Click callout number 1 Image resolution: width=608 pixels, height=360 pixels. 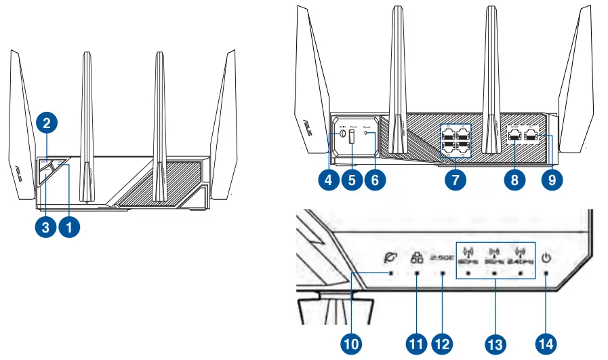(x=68, y=228)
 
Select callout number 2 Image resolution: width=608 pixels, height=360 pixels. (x=46, y=123)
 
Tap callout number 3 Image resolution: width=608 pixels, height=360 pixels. (x=45, y=228)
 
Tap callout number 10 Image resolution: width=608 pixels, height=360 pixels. (x=351, y=344)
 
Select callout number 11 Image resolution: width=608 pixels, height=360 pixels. (x=416, y=344)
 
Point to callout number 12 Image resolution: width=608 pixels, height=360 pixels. (x=442, y=344)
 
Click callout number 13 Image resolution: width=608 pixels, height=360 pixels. (x=495, y=344)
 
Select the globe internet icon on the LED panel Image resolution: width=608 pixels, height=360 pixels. (x=389, y=258)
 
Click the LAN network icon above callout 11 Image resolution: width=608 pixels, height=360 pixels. (x=416, y=258)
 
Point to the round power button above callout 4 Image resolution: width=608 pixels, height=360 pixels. (x=343, y=135)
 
